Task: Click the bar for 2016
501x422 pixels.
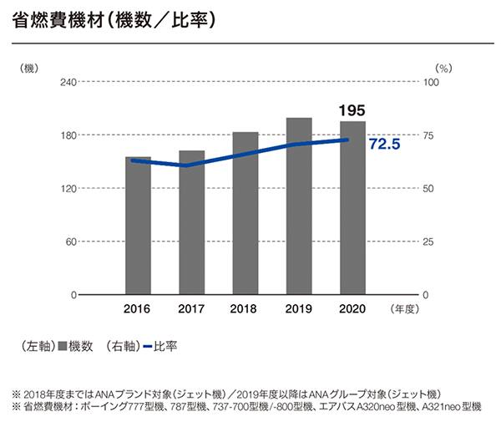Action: (x=139, y=226)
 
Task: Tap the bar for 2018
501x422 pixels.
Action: (x=245, y=213)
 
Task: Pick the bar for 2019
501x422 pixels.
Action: (x=299, y=206)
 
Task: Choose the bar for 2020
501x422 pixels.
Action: (x=352, y=208)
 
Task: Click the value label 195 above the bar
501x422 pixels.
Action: (x=352, y=110)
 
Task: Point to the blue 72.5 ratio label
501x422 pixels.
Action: (x=385, y=145)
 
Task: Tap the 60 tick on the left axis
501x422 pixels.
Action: (x=71, y=242)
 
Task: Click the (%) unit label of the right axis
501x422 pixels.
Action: (x=443, y=65)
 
